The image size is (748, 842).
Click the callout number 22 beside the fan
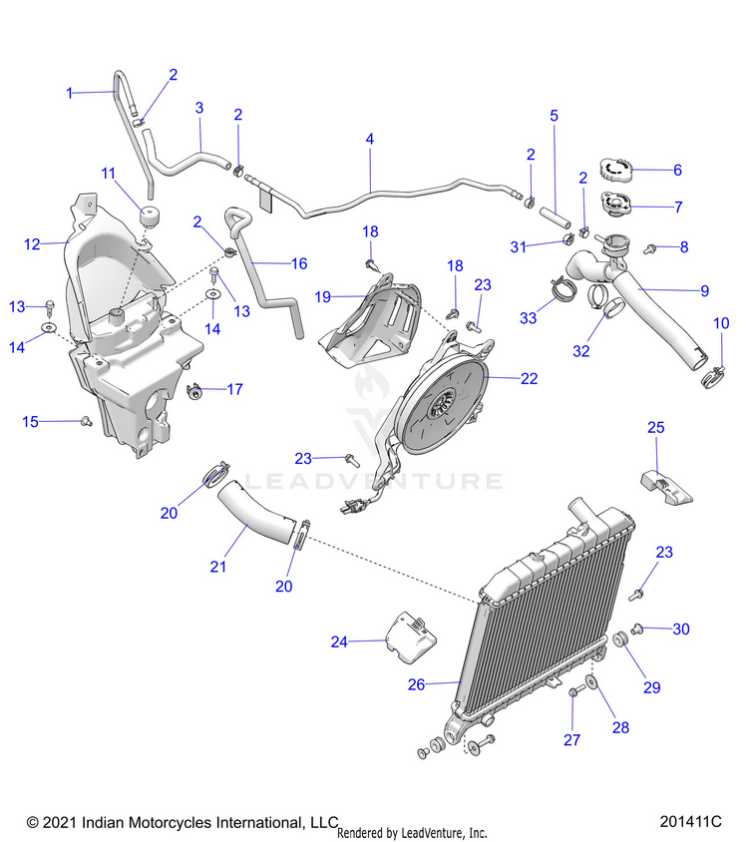coord(529,378)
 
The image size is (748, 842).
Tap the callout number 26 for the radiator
coord(416,684)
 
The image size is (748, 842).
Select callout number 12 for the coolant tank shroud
coord(32,243)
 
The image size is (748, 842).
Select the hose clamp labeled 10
coord(716,377)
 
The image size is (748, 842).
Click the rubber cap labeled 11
coord(149,215)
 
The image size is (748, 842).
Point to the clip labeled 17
coord(197,389)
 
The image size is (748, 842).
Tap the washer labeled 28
coord(592,683)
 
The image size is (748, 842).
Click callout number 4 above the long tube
coord(370,140)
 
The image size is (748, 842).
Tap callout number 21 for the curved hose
coord(218,566)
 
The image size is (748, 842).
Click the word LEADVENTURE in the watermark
coord(373,481)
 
